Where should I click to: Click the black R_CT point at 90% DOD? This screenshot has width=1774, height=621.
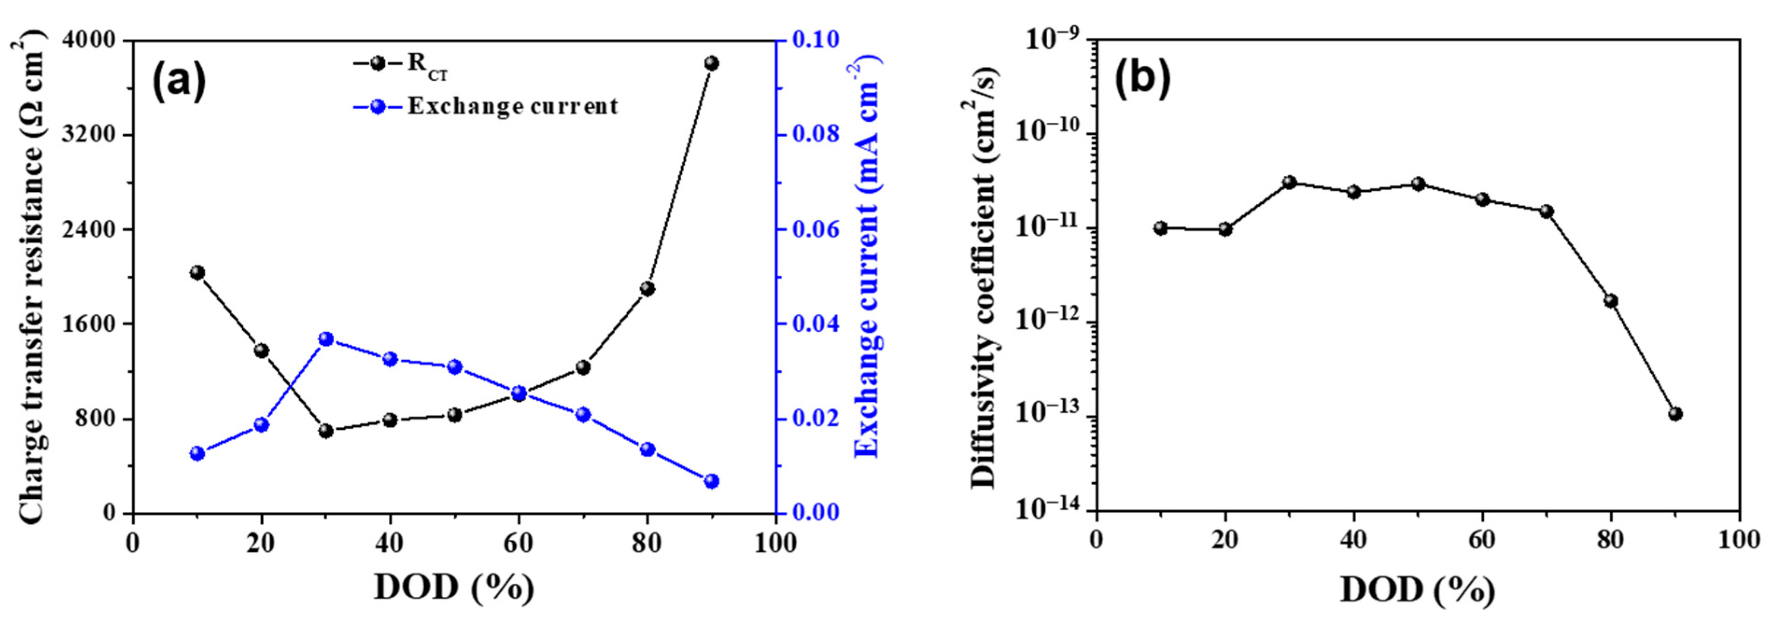[711, 63]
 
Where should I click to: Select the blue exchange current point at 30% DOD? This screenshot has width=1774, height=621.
[326, 339]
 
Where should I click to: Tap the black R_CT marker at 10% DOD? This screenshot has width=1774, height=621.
[197, 272]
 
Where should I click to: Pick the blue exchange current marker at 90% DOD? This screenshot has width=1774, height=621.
[711, 481]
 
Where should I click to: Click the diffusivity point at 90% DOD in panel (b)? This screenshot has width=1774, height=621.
[1676, 414]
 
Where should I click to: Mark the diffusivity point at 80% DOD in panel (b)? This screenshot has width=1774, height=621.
[1611, 301]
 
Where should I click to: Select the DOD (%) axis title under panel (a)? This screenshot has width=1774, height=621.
[454, 587]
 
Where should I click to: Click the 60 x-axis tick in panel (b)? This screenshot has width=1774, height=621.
[1482, 540]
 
